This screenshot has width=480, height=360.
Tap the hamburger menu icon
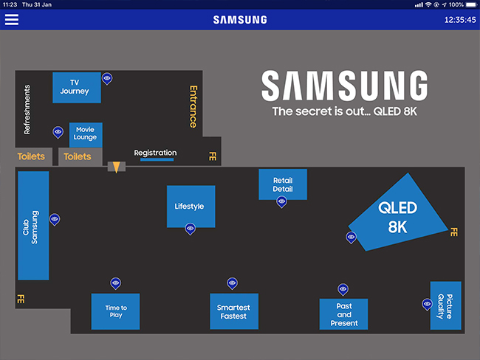[12, 20]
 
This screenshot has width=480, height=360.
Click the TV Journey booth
[76, 87]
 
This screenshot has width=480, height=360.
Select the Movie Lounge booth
[85, 134]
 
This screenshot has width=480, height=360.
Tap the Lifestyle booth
[191, 207]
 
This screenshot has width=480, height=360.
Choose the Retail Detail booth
[282, 184]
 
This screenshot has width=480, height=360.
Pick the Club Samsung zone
[32, 226]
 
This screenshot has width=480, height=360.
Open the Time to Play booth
[115, 311]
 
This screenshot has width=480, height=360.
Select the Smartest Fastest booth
[233, 311]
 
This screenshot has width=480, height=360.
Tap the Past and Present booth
[343, 314]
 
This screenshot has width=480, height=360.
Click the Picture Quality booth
[445, 305]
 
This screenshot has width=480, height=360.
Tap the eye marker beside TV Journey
[107, 77]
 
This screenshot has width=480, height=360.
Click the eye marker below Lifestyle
[191, 229]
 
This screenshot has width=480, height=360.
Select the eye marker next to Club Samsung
[55, 219]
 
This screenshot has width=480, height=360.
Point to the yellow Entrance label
[193, 106]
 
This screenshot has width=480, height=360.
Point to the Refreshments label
[27, 109]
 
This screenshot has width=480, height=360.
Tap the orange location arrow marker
[116, 167]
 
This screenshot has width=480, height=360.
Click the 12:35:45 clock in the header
[459, 20]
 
